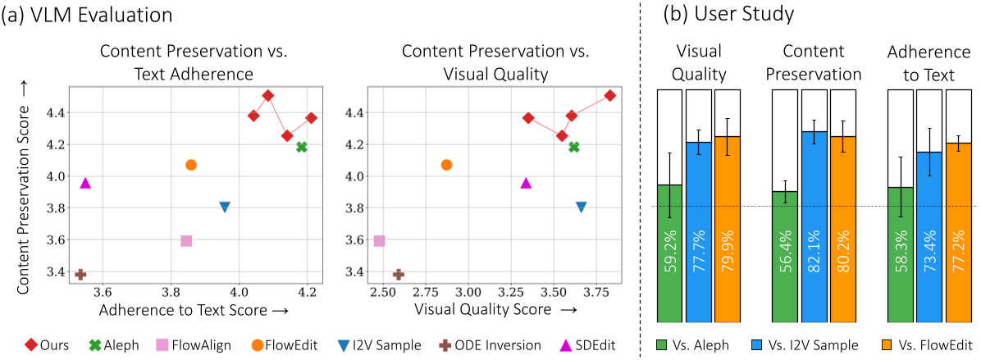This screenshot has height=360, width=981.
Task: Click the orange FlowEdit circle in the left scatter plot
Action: (191, 165)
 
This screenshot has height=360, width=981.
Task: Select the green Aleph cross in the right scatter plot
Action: (574, 147)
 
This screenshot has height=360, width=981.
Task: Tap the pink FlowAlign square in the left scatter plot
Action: (186, 240)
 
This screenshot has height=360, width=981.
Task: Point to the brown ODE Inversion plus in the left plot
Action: (80, 274)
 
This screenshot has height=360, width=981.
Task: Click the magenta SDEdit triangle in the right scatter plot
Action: (527, 183)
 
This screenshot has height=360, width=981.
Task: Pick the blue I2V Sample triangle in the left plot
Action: (225, 207)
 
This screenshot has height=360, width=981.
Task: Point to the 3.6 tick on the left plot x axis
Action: (103, 290)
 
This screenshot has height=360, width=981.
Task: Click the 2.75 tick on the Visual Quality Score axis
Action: (425, 290)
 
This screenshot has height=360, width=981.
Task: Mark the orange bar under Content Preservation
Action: (843, 229)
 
